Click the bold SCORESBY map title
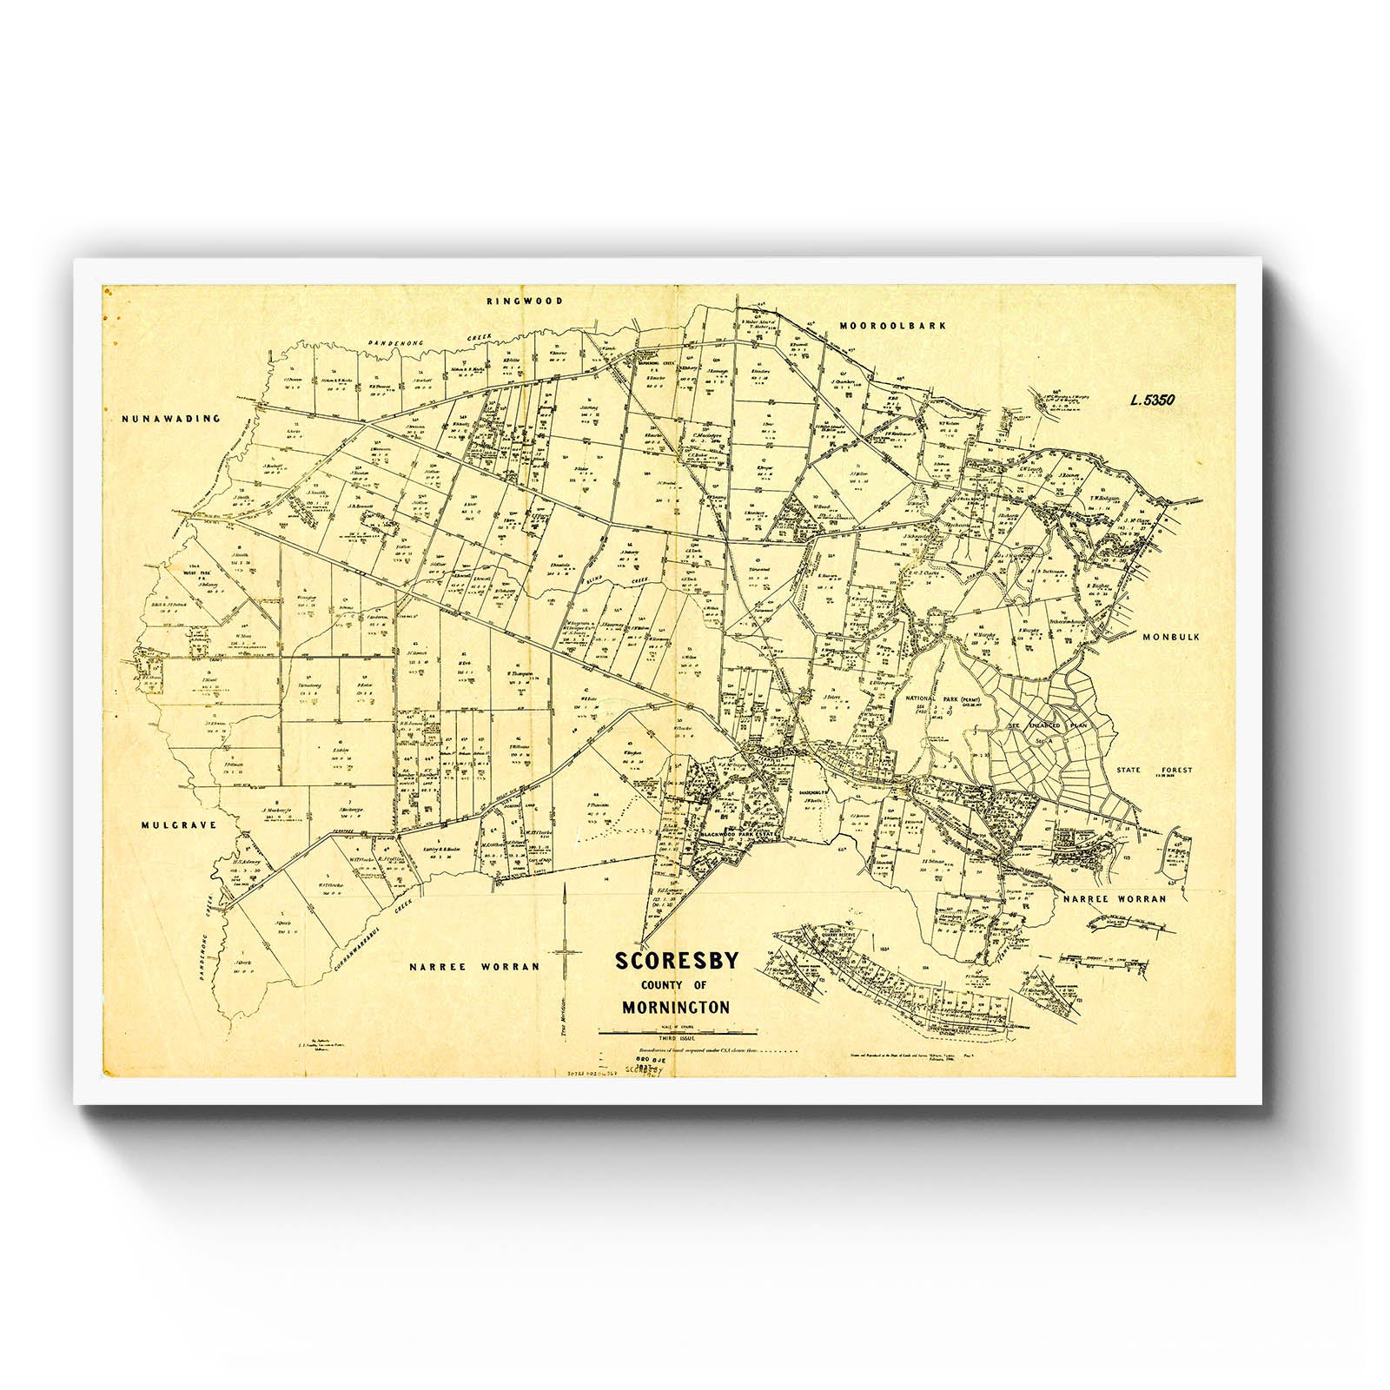[x=677, y=961]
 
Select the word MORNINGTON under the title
[x=676, y=1009]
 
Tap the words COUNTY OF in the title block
[x=674, y=985]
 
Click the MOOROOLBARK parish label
[x=892, y=326]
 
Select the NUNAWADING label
[x=170, y=418]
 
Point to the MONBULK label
[x=1170, y=637]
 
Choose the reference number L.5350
[x=1153, y=400]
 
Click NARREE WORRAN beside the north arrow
[x=475, y=966]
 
